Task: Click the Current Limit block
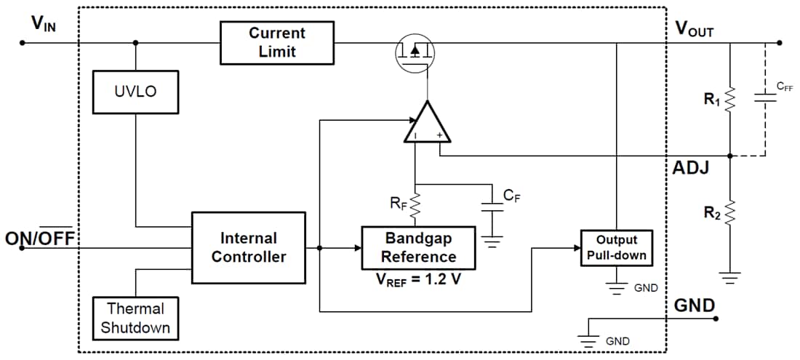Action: pyautogui.click(x=277, y=42)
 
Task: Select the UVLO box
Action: pyautogui.click(x=135, y=92)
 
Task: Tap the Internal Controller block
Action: pyautogui.click(x=248, y=247)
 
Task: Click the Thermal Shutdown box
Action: pyautogui.click(x=135, y=318)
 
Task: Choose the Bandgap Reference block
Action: pyautogui.click(x=418, y=247)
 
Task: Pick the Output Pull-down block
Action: pyautogui.click(x=616, y=248)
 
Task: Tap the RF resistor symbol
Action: pyautogui.click(x=415, y=206)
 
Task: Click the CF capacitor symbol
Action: pyautogui.click(x=492, y=207)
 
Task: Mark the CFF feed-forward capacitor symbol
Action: pyautogui.click(x=765, y=98)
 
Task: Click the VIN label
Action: pyautogui.click(x=44, y=23)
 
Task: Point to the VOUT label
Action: pyautogui.click(x=694, y=28)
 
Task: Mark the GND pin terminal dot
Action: pyautogui.click(x=716, y=319)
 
